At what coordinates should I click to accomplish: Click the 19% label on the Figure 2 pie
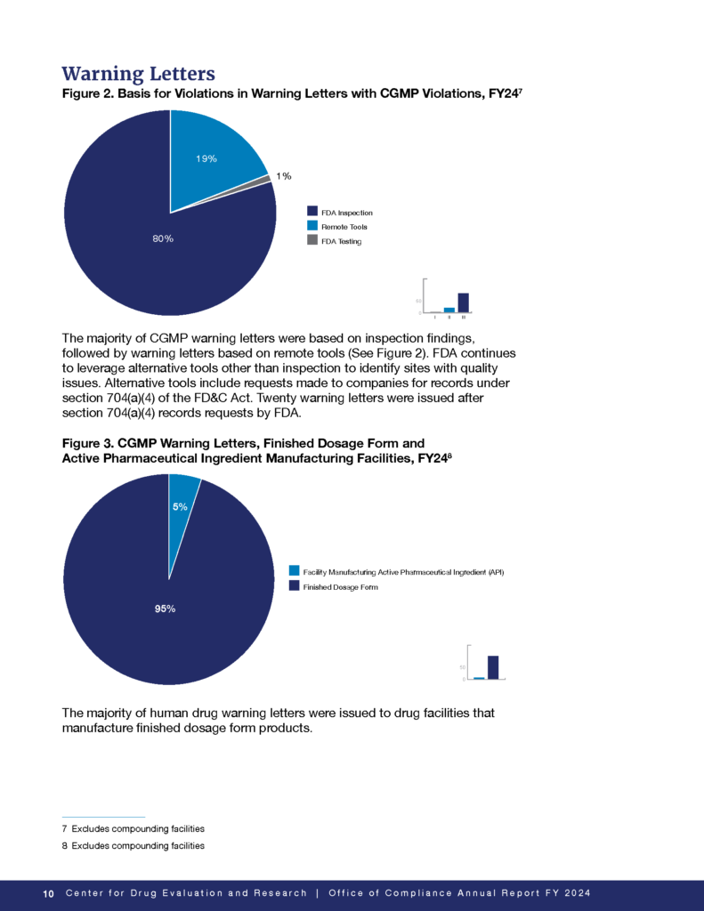[x=206, y=158]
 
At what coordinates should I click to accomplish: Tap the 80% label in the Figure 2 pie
[x=163, y=238]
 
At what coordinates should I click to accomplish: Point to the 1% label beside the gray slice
[x=284, y=176]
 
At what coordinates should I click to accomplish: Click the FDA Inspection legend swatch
[x=312, y=212]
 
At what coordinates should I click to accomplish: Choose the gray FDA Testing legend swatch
[x=312, y=240]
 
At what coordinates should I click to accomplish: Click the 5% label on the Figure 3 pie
[x=180, y=506]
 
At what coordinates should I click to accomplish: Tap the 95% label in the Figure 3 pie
[x=164, y=609]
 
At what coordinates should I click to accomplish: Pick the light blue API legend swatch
[x=295, y=571]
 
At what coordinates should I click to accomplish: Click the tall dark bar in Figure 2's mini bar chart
[x=463, y=302]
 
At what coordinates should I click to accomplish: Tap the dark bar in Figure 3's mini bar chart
[x=492, y=667]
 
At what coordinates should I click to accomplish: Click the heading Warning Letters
[x=138, y=72]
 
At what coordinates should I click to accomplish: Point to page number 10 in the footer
[x=49, y=893]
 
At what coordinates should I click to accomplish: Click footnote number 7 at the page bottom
[x=65, y=828]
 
